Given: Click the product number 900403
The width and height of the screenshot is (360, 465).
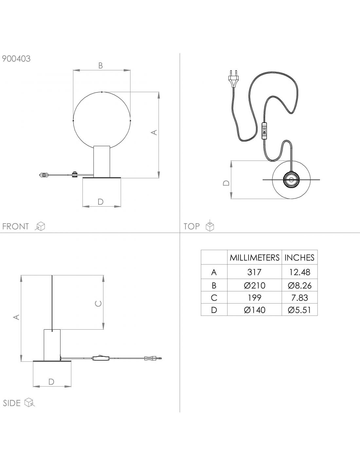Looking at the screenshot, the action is point(16,59).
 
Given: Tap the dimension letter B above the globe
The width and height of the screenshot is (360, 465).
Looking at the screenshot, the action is point(100,65).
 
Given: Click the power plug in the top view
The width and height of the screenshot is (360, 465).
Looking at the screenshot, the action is point(233,78).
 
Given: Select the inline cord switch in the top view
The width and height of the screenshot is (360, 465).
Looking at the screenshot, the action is point(264,131).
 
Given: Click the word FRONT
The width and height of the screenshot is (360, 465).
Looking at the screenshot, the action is point(15,226).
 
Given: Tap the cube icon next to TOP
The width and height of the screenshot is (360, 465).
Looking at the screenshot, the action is point(210,226).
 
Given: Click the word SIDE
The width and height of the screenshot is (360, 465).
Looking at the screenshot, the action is point(12,403).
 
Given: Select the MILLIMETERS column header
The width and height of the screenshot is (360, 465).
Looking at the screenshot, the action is point(254,258).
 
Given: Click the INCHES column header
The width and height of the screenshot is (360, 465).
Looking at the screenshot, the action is point(299,258).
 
